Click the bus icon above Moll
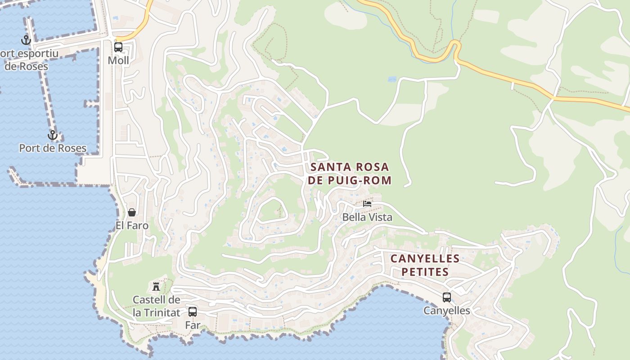[118, 47]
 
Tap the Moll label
[118, 61]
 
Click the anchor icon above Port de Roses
[53, 135]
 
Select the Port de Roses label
[53, 148]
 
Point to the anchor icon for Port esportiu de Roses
[27, 40]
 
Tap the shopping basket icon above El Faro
[132, 212]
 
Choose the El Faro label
[132, 225]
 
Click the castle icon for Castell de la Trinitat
[156, 287]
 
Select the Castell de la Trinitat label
[156, 306]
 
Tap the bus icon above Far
[193, 311]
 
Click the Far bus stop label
[193, 324]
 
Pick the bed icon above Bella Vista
[367, 204]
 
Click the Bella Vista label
[367, 217]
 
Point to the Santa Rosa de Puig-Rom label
[350, 174]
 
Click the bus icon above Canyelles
[447, 297]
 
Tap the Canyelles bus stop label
[447, 310]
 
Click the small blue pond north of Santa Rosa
[392, 79]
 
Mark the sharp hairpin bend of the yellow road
[455, 45]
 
